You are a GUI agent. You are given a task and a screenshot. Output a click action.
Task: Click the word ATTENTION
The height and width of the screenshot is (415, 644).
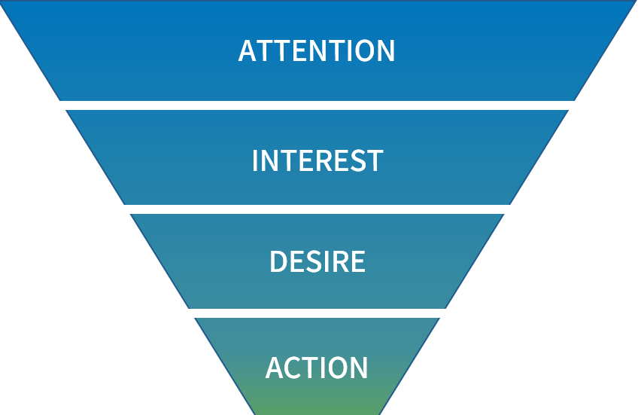(x=317, y=50)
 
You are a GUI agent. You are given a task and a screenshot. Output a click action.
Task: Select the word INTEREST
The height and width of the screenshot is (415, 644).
(x=317, y=160)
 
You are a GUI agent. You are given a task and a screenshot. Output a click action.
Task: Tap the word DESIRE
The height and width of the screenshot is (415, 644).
(x=317, y=261)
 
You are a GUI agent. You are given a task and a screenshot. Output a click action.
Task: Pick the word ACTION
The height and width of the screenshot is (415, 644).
(x=317, y=368)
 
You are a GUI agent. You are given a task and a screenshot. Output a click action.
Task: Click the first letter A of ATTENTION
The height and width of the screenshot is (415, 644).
(x=248, y=50)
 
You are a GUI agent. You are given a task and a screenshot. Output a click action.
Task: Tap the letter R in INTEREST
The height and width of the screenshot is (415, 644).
(x=324, y=160)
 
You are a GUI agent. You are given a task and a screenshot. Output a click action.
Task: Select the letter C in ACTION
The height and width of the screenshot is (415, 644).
(x=290, y=368)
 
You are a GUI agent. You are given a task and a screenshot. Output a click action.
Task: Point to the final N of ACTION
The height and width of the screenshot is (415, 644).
(x=358, y=368)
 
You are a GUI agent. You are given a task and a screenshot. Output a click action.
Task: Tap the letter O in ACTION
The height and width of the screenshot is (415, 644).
(x=336, y=368)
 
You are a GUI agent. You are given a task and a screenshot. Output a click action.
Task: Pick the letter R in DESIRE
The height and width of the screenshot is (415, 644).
(x=340, y=261)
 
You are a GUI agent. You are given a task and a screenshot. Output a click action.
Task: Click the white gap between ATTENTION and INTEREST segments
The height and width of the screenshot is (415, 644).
(x=317, y=105)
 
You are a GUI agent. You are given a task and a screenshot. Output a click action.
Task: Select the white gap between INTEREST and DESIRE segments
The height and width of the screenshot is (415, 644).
(x=317, y=209)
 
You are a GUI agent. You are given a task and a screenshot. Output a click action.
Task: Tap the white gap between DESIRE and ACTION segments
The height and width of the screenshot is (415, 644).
(x=317, y=313)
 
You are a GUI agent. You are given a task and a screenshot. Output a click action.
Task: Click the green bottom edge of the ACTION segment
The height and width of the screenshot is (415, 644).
(x=317, y=411)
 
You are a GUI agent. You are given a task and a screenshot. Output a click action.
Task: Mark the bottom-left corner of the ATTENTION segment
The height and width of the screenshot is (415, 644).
(x=61, y=99)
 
